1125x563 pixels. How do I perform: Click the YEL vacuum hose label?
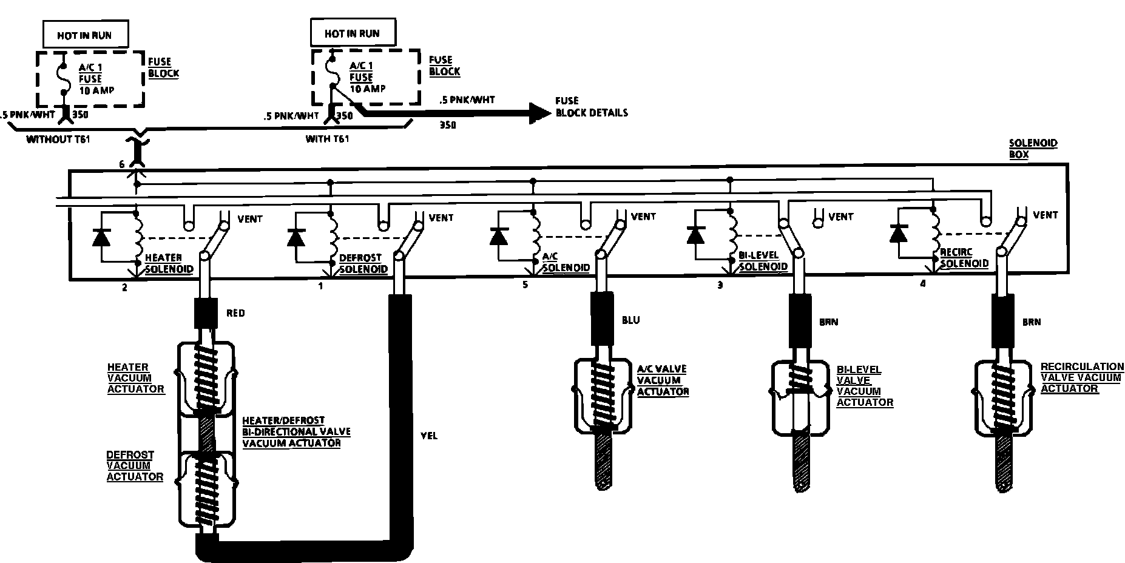428,436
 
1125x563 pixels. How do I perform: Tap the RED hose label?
235,313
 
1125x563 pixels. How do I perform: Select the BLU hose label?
630,320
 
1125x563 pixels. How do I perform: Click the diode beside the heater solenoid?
101,237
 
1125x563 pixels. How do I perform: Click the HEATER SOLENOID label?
169,263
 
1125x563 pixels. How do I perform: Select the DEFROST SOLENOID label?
363,263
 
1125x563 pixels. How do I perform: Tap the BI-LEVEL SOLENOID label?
763,261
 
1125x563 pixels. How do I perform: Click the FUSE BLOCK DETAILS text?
591,107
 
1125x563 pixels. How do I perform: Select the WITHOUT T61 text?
58,140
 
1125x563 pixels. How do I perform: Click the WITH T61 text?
327,139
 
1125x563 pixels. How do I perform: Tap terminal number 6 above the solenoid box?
122,164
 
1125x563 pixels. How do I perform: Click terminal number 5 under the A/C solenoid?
525,284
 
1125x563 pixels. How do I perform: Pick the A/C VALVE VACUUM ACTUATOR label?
663,380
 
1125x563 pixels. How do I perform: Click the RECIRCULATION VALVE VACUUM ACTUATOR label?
1082,377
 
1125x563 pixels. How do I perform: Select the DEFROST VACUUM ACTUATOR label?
135,465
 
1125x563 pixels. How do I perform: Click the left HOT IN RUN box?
85,35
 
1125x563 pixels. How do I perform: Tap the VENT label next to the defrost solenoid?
441,217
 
